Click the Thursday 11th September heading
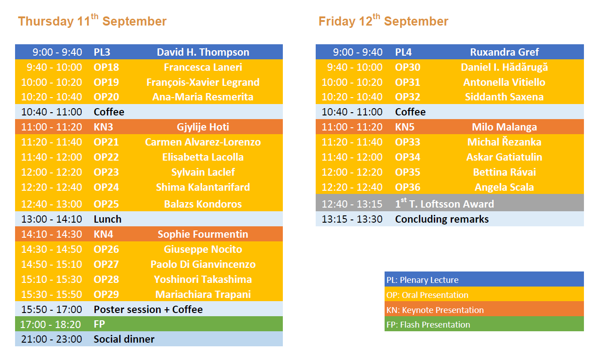(92, 21)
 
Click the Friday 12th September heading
(383, 21)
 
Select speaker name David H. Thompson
(203, 52)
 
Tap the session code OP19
(106, 83)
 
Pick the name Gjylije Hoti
(203, 127)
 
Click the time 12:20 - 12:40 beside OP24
(52, 187)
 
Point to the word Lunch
(108, 219)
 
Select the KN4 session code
(103, 234)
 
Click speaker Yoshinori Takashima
(203, 280)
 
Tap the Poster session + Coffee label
(148, 309)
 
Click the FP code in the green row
(99, 324)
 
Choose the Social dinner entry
(124, 339)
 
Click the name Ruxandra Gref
(504, 52)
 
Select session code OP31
(407, 83)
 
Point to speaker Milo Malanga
(504, 127)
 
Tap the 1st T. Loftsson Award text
(444, 203)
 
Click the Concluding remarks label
(442, 219)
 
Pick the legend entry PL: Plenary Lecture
(422, 280)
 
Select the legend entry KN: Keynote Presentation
(435, 310)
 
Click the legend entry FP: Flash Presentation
(428, 325)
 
